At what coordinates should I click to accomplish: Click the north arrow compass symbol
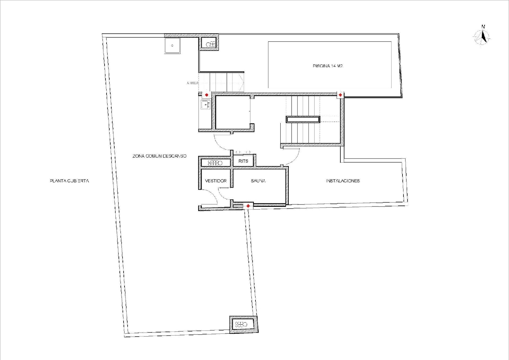(482, 37)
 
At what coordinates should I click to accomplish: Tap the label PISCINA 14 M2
(327, 66)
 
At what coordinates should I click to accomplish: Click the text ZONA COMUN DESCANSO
(159, 156)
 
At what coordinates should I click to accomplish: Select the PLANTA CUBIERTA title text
(69, 181)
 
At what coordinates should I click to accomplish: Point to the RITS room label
(243, 161)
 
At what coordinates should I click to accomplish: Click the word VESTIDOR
(215, 181)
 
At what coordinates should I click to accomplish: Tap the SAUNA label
(258, 181)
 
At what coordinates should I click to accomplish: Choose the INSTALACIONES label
(343, 181)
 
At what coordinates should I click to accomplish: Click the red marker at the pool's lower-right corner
(340, 95)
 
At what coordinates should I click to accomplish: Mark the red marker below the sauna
(248, 206)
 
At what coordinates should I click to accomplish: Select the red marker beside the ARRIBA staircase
(206, 95)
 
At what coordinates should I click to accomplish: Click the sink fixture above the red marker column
(205, 105)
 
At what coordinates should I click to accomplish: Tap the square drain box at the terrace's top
(172, 46)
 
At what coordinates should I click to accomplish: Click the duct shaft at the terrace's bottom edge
(243, 324)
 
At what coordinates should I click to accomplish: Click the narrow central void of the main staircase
(303, 119)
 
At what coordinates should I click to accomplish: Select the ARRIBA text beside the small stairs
(192, 83)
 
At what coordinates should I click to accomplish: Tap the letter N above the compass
(483, 27)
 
